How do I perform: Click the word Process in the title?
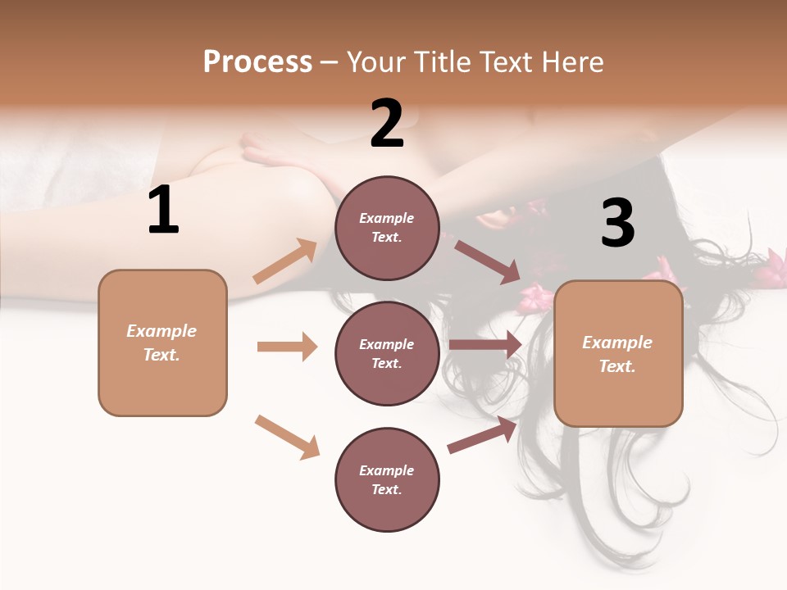[257, 62]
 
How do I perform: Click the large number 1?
[163, 211]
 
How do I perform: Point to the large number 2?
[387, 124]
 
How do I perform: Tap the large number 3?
[617, 224]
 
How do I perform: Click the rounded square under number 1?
[162, 343]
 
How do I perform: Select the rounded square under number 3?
[618, 353]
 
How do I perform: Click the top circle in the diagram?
[387, 228]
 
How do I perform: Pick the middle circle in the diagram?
[387, 353]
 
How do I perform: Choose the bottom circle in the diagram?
[387, 479]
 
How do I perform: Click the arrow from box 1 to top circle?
[285, 261]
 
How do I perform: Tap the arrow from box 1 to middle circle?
[287, 347]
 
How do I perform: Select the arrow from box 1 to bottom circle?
[287, 437]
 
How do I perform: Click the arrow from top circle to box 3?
[487, 261]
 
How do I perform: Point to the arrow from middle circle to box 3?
[485, 345]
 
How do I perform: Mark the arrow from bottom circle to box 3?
[483, 435]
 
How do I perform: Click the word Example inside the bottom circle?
[386, 470]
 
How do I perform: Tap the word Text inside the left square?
[161, 355]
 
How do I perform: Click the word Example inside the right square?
[617, 343]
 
